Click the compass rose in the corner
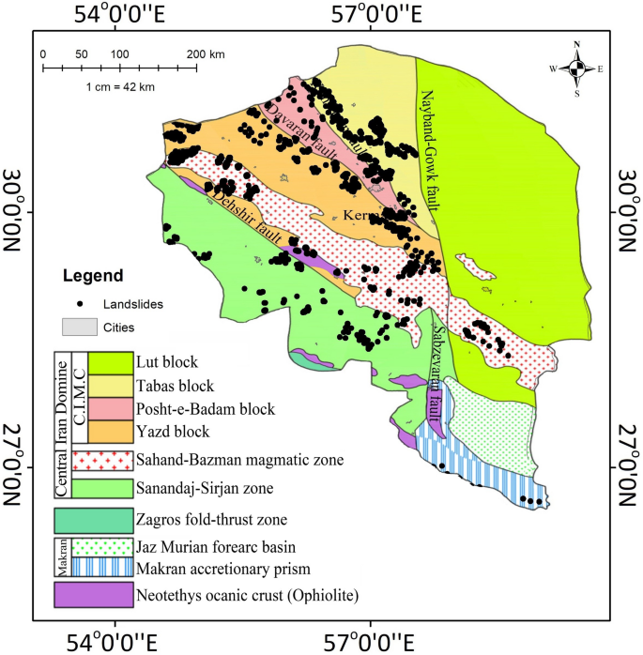579,68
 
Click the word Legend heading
93,277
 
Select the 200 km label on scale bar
205,53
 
